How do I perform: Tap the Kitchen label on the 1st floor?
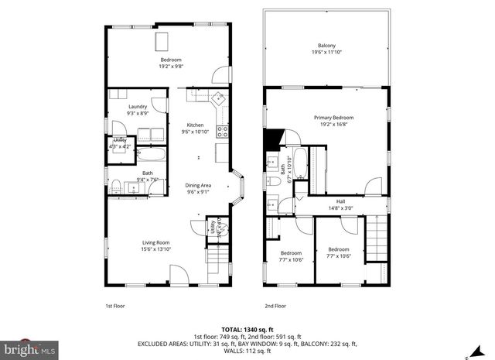pos(195,125)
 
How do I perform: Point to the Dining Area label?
pos(198,185)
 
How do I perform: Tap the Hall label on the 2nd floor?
pos(340,201)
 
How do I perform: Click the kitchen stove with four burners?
pos(222,131)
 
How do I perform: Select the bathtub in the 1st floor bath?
pos(148,156)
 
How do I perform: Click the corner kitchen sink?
pos(219,98)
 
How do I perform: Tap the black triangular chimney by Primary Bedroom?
pos(271,140)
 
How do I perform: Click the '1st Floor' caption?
pos(114,305)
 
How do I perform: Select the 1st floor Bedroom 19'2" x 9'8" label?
pos(170,63)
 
